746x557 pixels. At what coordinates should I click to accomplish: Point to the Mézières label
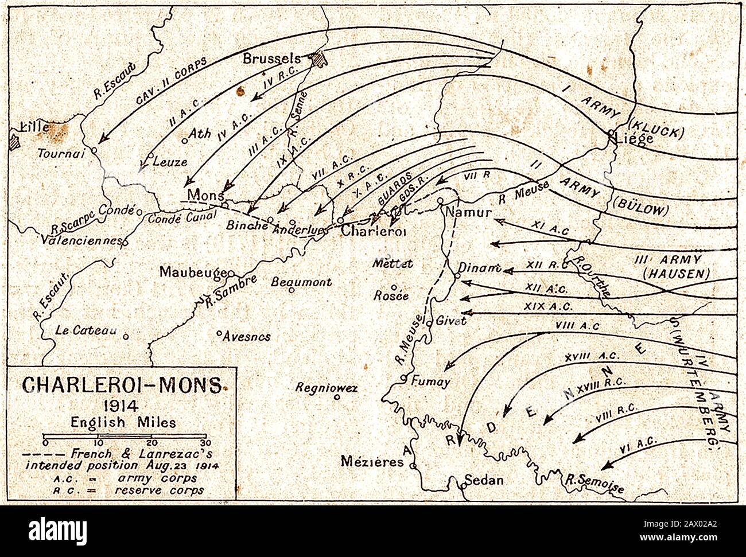click(x=372, y=462)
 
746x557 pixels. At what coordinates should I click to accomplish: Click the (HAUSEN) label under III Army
click(x=677, y=274)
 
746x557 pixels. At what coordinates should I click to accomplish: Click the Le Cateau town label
click(x=86, y=331)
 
